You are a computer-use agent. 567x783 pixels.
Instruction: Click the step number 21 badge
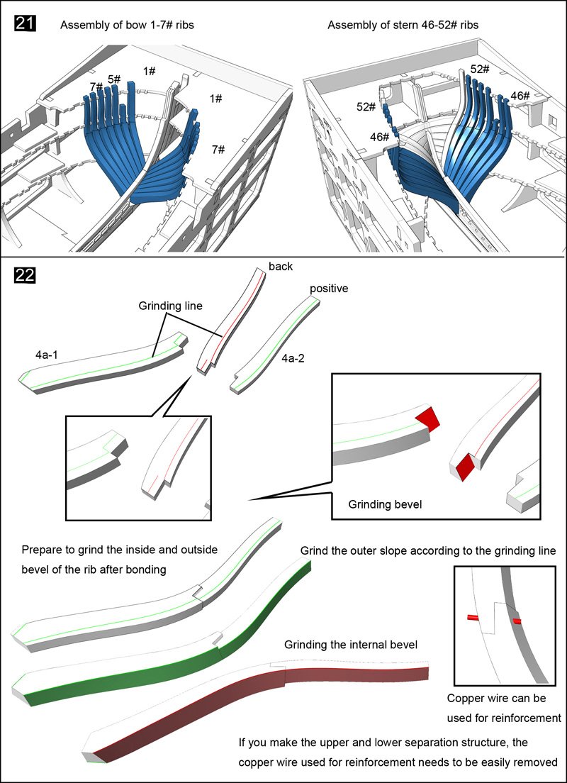26,25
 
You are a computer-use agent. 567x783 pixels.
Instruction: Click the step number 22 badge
26,274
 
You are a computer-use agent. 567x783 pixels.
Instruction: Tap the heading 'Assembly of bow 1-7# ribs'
127,26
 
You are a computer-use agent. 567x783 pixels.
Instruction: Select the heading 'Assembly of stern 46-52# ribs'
403,26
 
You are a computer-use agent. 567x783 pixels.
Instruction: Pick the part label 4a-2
293,359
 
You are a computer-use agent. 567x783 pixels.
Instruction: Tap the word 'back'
280,267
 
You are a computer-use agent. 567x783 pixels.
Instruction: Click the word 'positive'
329,289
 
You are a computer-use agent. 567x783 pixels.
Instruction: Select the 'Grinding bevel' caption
385,504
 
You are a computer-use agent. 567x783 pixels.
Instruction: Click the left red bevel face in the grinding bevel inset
428,418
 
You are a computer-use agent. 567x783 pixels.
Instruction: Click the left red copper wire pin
473,618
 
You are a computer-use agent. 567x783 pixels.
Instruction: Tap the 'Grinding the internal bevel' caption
350,645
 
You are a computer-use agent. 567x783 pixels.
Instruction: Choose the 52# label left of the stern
366,106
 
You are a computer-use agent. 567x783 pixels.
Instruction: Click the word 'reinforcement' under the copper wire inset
525,718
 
